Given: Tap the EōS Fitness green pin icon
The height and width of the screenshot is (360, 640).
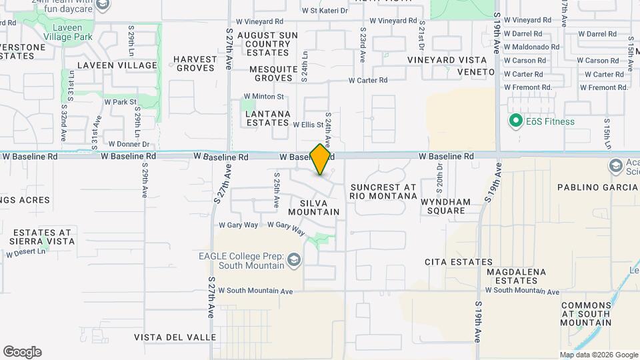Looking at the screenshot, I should pyautogui.click(x=515, y=121).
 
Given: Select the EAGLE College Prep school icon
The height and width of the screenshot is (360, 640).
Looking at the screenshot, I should pyautogui.click(x=293, y=265).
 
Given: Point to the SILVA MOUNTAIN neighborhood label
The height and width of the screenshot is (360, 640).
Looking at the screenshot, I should pyautogui.click(x=313, y=207).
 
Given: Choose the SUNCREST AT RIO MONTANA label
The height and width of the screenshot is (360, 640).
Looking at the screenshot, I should pyautogui.click(x=383, y=191).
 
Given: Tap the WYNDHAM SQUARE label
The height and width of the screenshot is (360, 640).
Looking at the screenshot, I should pyautogui.click(x=446, y=206).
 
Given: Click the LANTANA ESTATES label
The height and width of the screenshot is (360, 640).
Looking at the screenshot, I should pyautogui.click(x=268, y=119).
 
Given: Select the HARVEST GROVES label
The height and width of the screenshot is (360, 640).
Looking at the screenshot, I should pyautogui.click(x=195, y=63).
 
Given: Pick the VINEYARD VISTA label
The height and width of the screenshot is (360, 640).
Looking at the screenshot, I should pyautogui.click(x=447, y=60).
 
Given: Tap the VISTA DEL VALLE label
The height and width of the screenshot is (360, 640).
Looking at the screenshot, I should pyautogui.click(x=175, y=337).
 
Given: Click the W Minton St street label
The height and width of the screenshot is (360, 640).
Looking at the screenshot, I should pyautogui.click(x=263, y=97).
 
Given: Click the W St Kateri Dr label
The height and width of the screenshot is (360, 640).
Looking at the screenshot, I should pyautogui.click(x=325, y=11).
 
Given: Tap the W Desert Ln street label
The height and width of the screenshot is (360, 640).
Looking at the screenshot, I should pyautogui.click(x=27, y=253).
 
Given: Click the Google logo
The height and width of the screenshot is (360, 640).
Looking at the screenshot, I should pyautogui.click(x=22, y=352).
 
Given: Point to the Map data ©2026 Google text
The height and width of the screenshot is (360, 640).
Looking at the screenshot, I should pyautogui.click(x=598, y=355).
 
